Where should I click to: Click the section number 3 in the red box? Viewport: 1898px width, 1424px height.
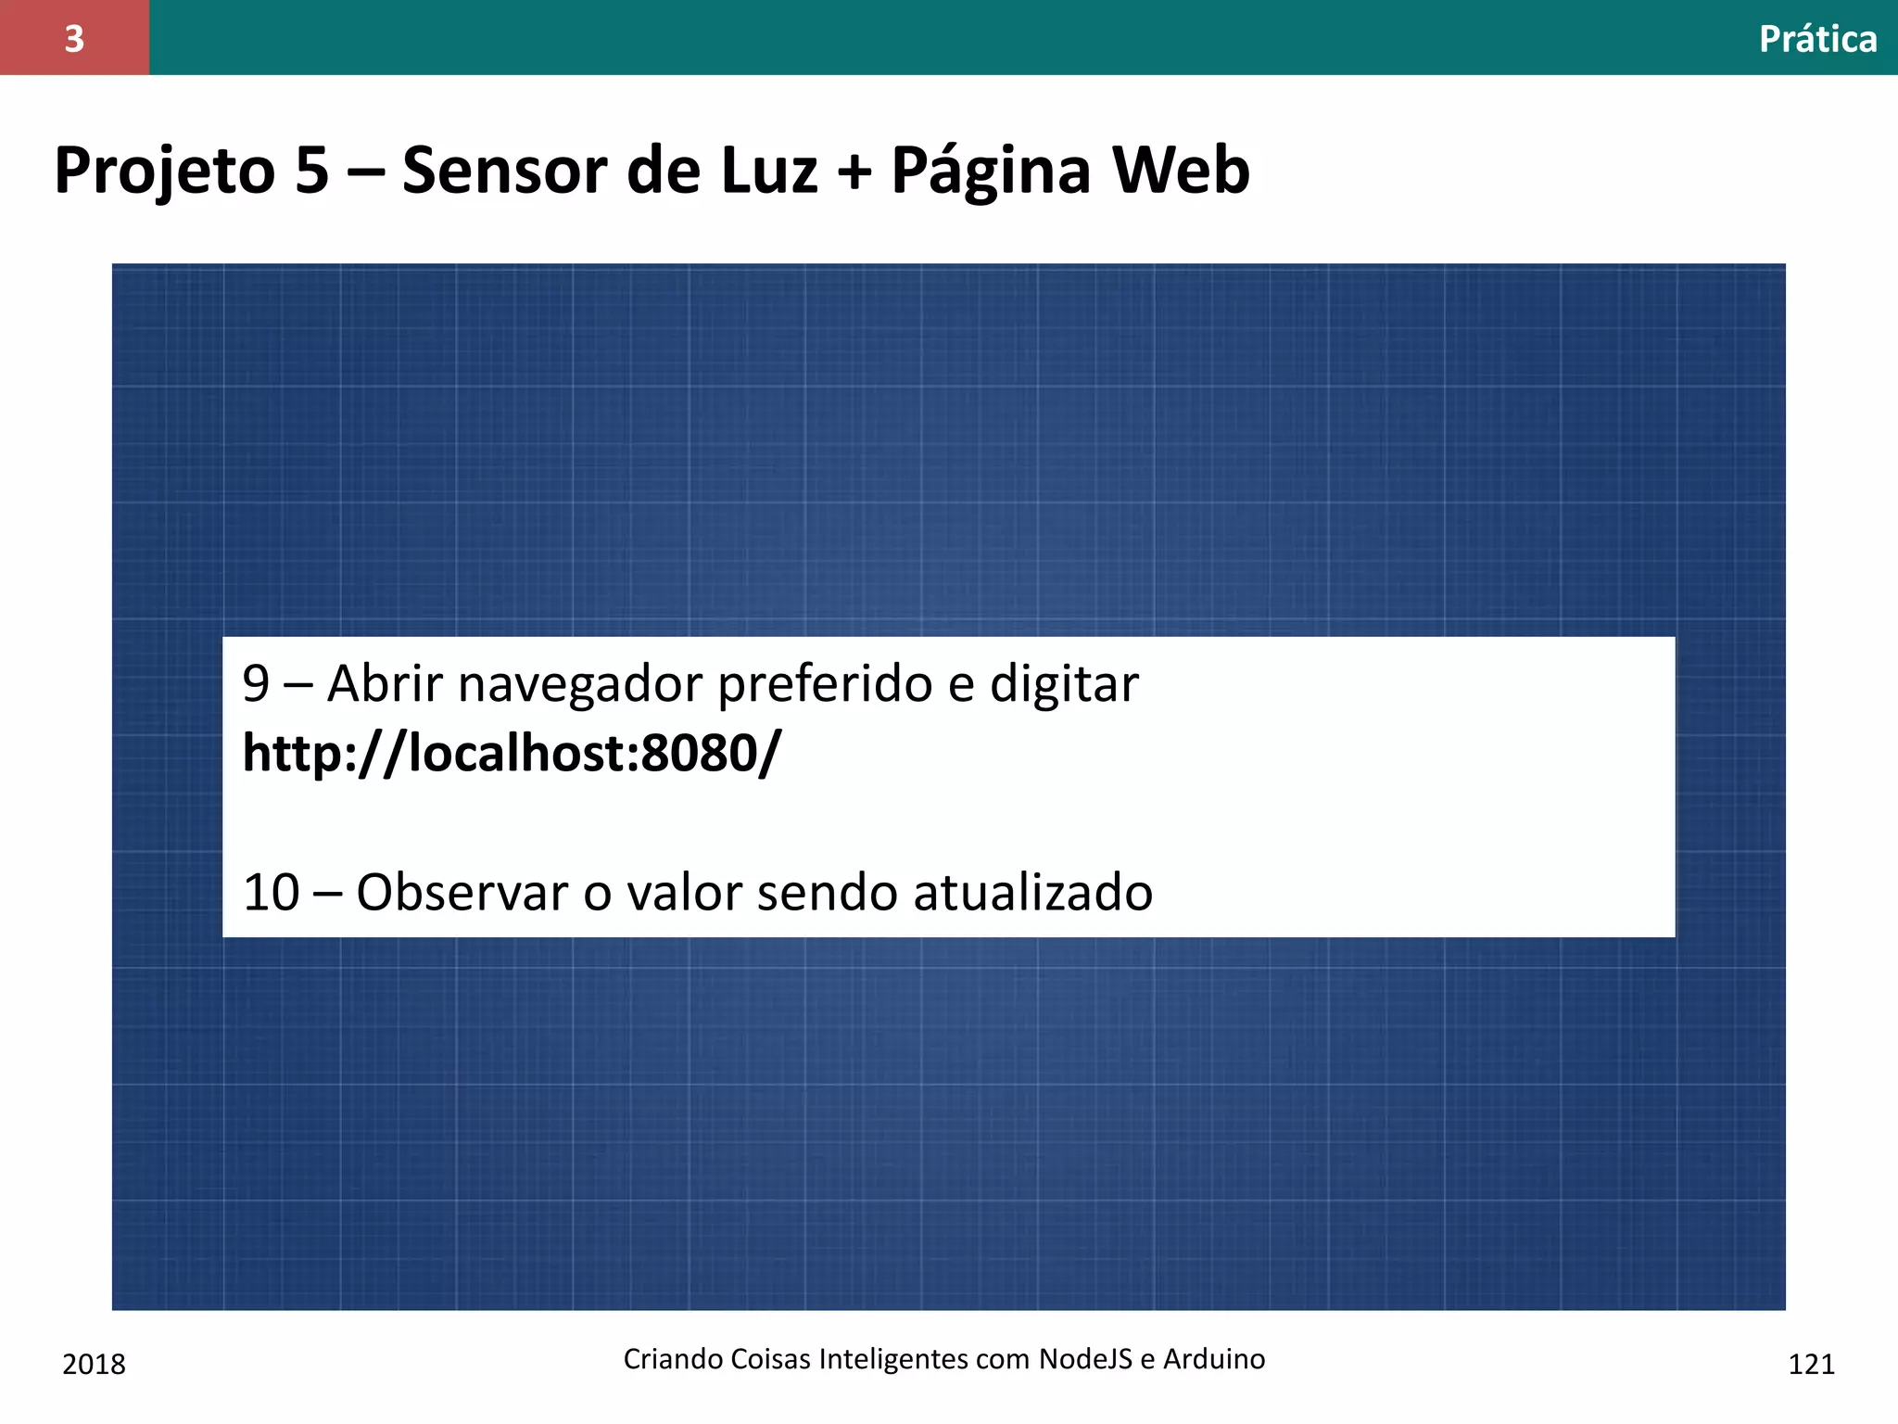74,39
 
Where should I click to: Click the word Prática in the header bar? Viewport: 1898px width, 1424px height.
1817,40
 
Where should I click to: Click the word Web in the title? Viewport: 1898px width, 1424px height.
1181,172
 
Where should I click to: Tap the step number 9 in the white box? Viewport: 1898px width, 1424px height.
256,684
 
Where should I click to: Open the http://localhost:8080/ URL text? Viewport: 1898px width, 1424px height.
512,753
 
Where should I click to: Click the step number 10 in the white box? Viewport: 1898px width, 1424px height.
271,893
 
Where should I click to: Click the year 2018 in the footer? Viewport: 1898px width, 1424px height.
94,1365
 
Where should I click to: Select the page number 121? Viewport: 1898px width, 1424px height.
1811,1365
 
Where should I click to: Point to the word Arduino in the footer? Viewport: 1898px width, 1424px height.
1214,1359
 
